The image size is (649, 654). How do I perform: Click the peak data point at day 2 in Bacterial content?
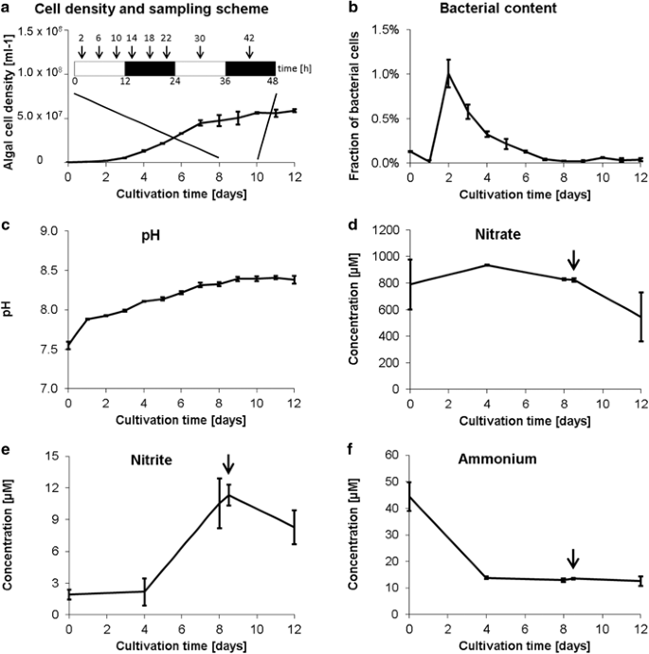pyautogui.click(x=448, y=73)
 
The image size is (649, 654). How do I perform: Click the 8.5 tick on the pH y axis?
pyautogui.click(x=45, y=270)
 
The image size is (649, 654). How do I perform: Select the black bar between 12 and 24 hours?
pyautogui.click(x=150, y=68)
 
